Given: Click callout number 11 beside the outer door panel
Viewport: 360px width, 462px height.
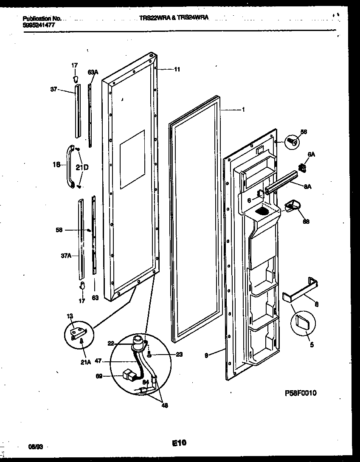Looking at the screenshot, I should click(x=177, y=69).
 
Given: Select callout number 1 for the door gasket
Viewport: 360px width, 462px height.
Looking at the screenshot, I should click(x=243, y=109).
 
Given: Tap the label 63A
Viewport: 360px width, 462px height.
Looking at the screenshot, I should click(x=93, y=73).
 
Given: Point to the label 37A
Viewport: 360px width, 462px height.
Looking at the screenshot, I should click(x=66, y=256).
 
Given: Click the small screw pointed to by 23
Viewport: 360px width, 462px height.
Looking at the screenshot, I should click(x=149, y=353).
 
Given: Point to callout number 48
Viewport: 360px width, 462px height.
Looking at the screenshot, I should click(x=164, y=405).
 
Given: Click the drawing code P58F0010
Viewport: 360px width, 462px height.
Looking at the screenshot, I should click(x=300, y=393).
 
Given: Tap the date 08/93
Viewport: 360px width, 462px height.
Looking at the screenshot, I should click(x=34, y=447).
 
